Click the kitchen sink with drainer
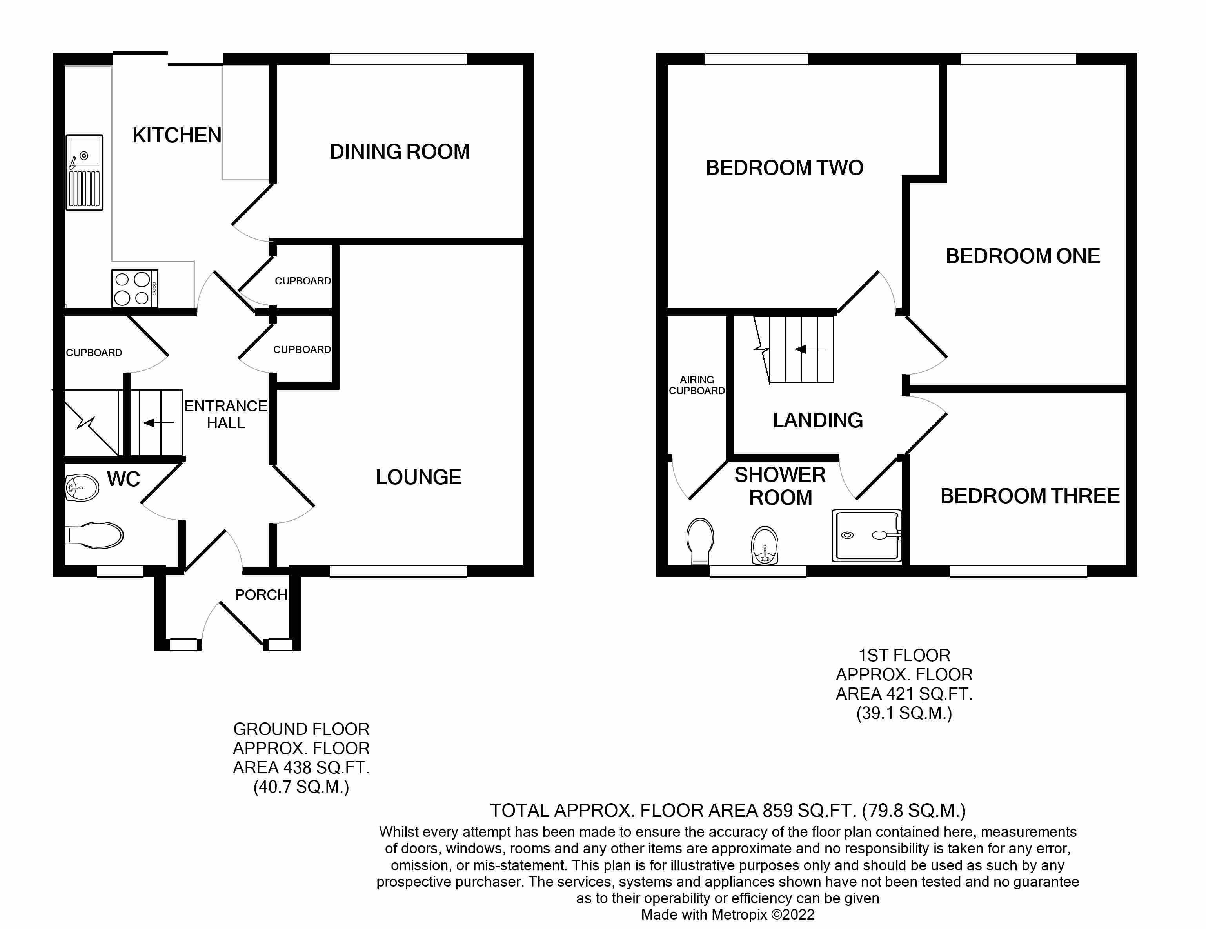tap(84, 172)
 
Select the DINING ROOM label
tap(399, 152)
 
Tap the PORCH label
tap(261, 595)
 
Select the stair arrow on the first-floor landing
tap(809, 349)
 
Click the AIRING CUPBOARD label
tap(696, 385)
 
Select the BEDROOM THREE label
tap(1029, 496)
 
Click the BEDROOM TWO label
tap(784, 168)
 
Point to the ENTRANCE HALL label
tap(225, 414)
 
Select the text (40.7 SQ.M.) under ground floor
tap(301, 787)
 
